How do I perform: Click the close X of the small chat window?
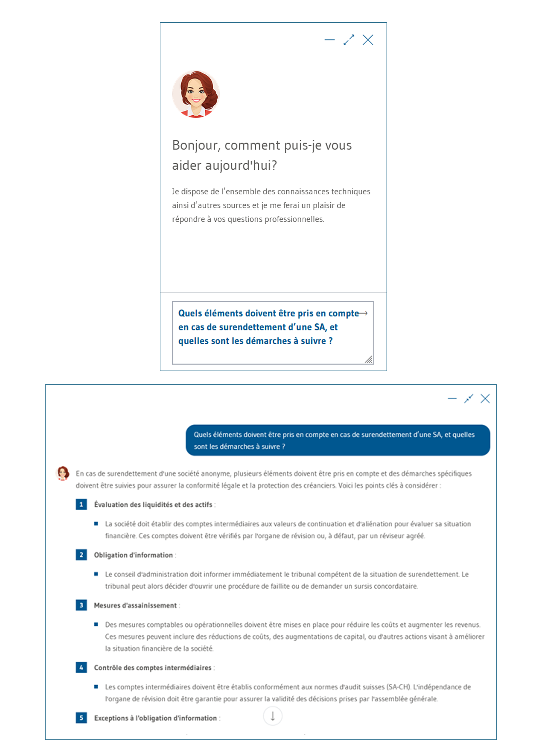[368, 40]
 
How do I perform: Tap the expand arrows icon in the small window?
[349, 40]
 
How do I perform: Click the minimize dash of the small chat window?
[330, 40]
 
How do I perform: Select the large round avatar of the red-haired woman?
[196, 94]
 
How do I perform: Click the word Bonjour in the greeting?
[195, 146]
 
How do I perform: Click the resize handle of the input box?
[368, 359]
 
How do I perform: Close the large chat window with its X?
[485, 399]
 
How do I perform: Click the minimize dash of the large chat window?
[452, 399]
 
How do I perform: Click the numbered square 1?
[81, 504]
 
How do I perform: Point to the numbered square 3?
[81, 605]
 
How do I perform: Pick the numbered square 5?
[81, 718]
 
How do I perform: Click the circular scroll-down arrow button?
[273, 716]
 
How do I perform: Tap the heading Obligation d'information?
[133, 555]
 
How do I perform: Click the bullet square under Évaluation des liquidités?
[96, 524]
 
